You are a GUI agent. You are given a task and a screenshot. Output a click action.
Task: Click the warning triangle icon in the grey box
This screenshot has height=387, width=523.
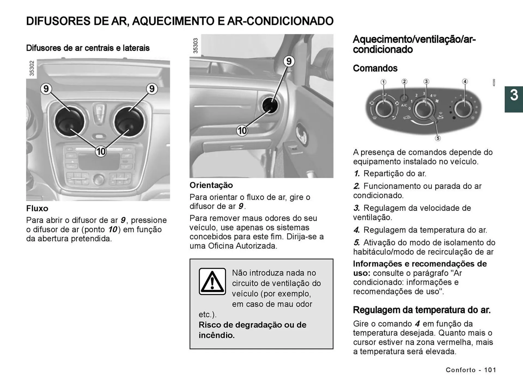(x=212, y=281)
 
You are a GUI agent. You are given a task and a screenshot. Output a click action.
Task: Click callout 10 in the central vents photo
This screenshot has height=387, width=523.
(x=101, y=151)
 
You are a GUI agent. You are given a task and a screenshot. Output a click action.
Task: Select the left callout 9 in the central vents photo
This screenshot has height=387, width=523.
(x=46, y=89)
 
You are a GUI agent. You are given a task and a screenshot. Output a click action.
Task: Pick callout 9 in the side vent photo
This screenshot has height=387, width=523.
(x=289, y=61)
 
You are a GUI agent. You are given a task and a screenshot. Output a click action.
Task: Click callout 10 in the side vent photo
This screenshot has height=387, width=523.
(x=242, y=131)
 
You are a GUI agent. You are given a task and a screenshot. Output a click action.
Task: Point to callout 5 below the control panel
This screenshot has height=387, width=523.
(x=438, y=138)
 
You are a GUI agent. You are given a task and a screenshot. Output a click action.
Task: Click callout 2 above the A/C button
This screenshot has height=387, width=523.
(x=405, y=81)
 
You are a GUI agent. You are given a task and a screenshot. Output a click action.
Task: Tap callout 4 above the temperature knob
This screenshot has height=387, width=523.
(x=465, y=81)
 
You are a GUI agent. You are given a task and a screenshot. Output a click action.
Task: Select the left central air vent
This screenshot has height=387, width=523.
(x=69, y=121)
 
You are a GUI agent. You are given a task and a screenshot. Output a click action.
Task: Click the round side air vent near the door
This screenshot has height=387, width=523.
(x=270, y=105)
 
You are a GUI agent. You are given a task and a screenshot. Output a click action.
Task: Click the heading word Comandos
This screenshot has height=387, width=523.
(x=375, y=68)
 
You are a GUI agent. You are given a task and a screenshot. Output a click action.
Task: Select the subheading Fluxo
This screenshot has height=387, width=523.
(x=37, y=208)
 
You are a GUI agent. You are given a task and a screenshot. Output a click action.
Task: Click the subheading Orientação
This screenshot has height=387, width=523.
(x=211, y=185)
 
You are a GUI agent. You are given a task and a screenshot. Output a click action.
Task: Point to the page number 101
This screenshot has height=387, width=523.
(x=490, y=370)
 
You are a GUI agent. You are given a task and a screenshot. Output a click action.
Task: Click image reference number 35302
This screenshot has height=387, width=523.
(x=32, y=68)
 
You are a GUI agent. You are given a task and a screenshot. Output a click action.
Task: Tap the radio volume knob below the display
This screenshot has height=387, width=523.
(x=98, y=179)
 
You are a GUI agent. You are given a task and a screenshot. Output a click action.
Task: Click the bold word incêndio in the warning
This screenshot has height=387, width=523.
(x=217, y=335)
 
